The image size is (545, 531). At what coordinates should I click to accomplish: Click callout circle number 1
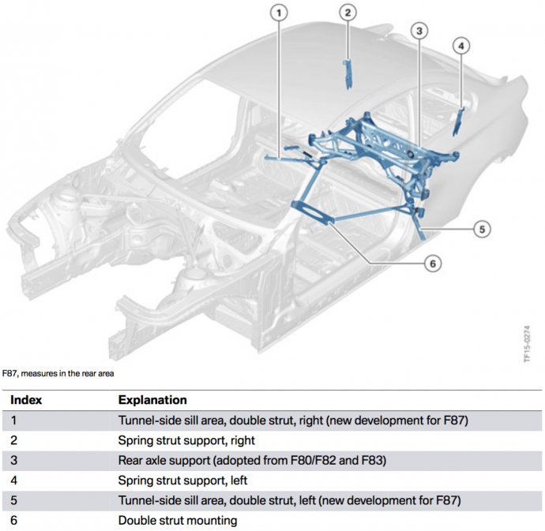[x=277, y=12]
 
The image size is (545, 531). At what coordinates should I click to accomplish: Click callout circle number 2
[x=348, y=12]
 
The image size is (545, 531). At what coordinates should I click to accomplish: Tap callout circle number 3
[x=419, y=31]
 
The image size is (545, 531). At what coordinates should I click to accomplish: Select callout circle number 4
[x=460, y=45]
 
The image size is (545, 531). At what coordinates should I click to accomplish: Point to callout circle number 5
[x=482, y=230]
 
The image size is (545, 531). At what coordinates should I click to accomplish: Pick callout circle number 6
[x=432, y=264]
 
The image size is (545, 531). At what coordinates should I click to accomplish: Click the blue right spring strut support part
[x=347, y=73]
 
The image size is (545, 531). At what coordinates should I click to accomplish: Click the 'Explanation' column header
[x=152, y=400]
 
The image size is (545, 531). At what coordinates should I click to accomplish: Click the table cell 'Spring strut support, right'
[x=186, y=440]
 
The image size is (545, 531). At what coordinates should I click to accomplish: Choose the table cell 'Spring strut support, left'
[x=183, y=481]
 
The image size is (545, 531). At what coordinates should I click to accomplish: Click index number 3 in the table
[x=14, y=460]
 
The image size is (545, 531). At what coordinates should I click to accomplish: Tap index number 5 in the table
[x=14, y=500]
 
